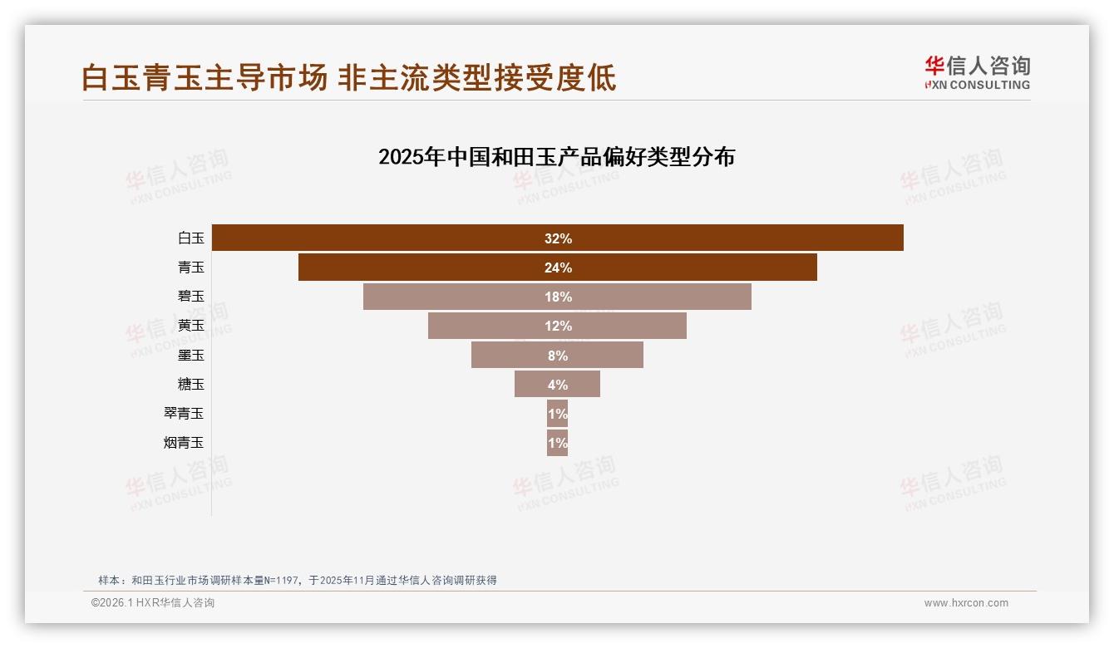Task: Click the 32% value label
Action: [x=558, y=238]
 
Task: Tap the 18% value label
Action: [x=558, y=297]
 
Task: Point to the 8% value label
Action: [x=558, y=356]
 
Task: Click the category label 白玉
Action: [x=191, y=238]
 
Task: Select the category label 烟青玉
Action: [x=184, y=443]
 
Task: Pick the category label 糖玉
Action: [x=191, y=385]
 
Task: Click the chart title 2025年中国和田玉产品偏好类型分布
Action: [x=556, y=157]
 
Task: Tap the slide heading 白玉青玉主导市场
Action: [x=205, y=78]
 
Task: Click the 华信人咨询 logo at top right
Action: [x=977, y=72]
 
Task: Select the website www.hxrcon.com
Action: [x=966, y=603]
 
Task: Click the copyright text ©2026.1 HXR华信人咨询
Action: [x=153, y=603]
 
